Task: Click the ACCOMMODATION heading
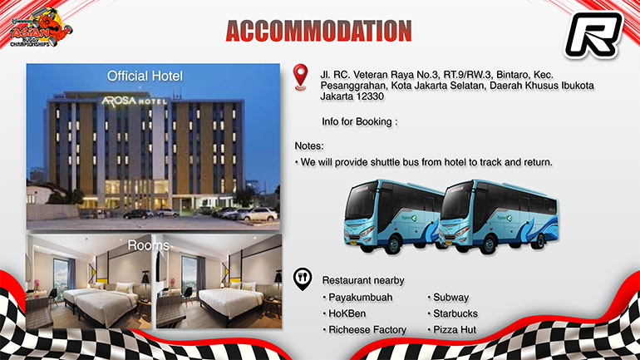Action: (x=318, y=31)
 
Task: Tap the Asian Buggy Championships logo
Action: (x=40, y=27)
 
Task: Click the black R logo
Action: (x=594, y=35)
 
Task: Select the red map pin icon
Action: (x=300, y=77)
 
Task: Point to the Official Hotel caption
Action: (x=145, y=76)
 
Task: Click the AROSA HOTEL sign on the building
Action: (x=134, y=101)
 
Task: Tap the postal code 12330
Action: (x=370, y=96)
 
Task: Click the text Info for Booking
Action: (x=360, y=121)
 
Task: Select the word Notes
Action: (x=309, y=146)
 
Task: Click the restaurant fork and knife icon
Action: (x=303, y=279)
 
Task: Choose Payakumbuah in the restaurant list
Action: (x=361, y=297)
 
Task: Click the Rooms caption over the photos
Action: (x=149, y=245)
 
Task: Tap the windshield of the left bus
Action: (x=362, y=203)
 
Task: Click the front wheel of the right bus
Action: (x=489, y=244)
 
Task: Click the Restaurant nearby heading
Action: (x=363, y=280)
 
